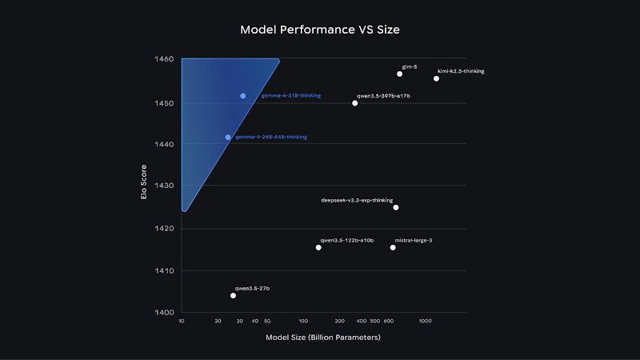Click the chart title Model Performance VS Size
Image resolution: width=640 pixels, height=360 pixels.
320,30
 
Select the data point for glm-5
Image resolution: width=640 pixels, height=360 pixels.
400,74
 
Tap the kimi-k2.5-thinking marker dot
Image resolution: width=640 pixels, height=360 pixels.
436,78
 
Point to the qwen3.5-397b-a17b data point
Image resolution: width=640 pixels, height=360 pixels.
355,103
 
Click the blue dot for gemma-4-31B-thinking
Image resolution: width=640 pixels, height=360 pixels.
243,96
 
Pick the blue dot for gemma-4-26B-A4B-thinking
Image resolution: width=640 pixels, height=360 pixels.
228,137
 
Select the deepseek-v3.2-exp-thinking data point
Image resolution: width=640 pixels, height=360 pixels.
396,207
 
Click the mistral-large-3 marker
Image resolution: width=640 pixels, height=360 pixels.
393,247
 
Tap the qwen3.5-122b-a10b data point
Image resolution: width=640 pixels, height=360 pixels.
318,247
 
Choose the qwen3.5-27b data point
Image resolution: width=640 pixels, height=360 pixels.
233,295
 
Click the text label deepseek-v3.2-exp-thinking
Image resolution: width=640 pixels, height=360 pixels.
357,200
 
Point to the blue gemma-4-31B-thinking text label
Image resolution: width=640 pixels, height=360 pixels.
291,96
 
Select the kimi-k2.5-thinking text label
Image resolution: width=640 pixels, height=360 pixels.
461,71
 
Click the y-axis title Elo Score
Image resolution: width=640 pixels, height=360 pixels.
144,186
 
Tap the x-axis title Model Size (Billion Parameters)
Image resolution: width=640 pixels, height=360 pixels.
323,338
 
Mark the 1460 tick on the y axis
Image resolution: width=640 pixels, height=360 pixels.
166,60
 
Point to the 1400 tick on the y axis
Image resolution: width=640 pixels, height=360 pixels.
166,312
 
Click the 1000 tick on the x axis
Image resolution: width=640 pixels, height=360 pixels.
425,321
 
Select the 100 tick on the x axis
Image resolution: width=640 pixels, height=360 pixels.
302,321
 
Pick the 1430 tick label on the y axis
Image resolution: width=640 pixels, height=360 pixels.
166,186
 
